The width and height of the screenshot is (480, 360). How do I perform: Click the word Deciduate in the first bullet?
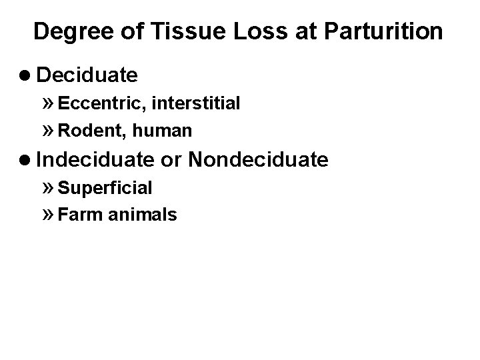tap(87, 75)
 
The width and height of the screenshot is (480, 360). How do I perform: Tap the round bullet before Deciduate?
tap(27, 75)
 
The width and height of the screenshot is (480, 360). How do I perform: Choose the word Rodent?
tap(87, 131)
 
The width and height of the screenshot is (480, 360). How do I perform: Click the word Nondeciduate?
tap(259, 159)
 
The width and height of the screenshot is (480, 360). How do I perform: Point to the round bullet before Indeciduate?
tap(27, 160)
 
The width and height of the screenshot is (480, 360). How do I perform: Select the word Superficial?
tap(105, 188)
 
